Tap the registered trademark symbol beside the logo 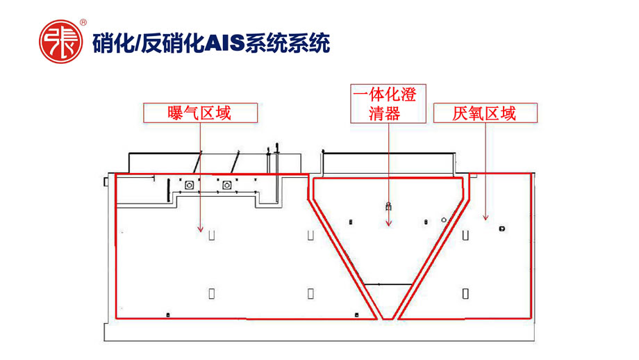tap(83, 23)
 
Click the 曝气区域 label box tap(200, 113)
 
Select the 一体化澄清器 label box tap(388, 104)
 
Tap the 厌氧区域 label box tap(484, 113)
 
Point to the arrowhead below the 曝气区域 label tap(200, 229)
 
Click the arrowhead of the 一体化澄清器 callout tap(388, 224)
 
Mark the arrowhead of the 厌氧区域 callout tap(485, 219)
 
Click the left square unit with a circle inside tap(190, 185)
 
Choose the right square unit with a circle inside tap(227, 185)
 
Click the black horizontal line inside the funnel tap(387, 284)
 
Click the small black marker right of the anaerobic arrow tap(501, 228)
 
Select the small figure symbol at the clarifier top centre tap(388, 206)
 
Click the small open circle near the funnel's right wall tap(445, 219)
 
